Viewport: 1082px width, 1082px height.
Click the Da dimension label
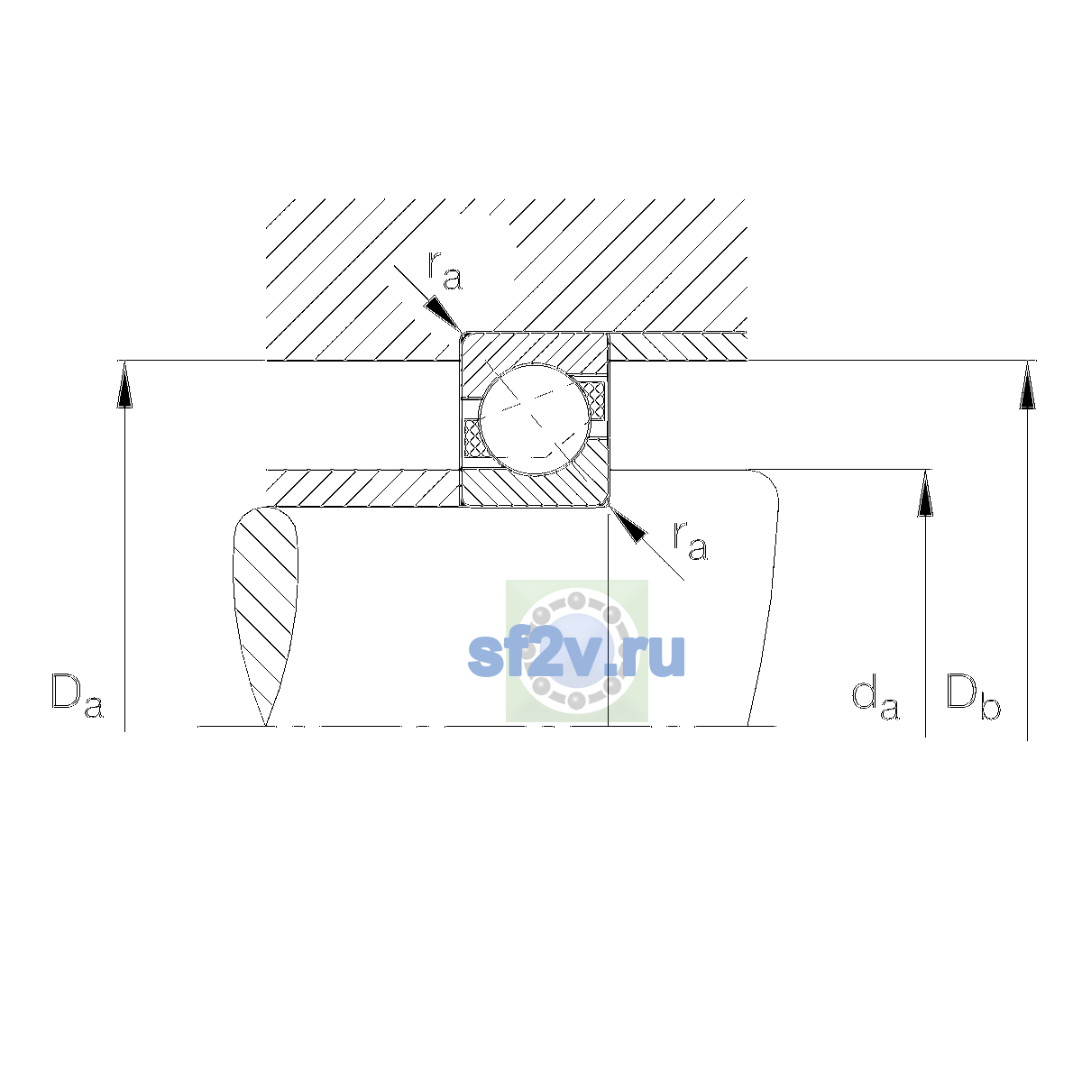pyautogui.click(x=78, y=696)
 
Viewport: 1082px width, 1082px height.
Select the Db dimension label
pyautogui.click(x=973, y=696)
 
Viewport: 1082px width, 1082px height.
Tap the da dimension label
pyautogui.click(x=876, y=698)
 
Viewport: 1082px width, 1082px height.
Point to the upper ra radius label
pyautogui.click(x=445, y=271)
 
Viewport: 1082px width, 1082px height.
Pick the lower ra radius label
pyautogui.click(x=691, y=541)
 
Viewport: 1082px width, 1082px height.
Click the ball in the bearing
pyautogui.click(x=535, y=419)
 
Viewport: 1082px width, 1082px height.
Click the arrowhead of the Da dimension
pyautogui.click(x=124, y=385)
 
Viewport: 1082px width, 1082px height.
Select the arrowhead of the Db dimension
pyautogui.click(x=1028, y=385)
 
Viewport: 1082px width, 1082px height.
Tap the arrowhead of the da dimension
pyautogui.click(x=925, y=493)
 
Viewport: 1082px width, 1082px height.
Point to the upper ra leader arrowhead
pyautogui.click(x=444, y=315)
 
